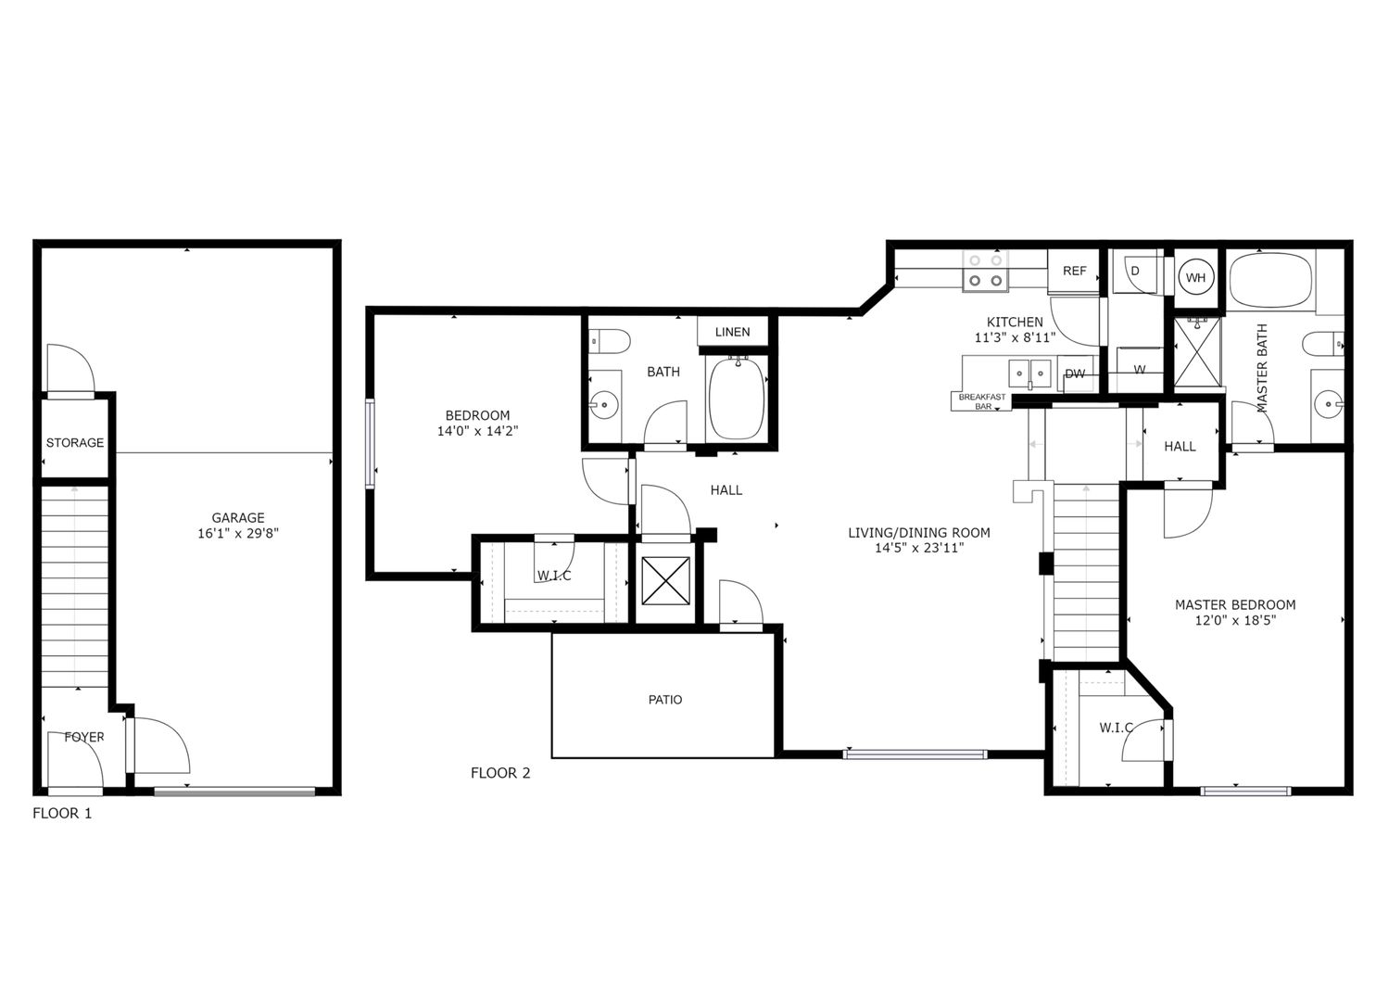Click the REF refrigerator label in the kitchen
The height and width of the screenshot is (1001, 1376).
coord(1074,272)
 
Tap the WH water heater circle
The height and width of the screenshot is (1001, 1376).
coord(1195,278)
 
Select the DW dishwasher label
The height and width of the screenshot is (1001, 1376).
coord(1075,374)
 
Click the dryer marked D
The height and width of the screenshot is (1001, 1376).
coord(1135,272)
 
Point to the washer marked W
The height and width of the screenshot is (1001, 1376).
coord(1139,369)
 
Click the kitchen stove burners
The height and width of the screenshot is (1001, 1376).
coord(985,270)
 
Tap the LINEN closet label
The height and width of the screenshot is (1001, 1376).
coord(732,332)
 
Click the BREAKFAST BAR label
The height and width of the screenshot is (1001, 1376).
coord(981,401)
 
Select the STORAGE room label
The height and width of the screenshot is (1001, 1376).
coord(75,443)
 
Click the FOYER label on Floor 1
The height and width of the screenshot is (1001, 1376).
coord(84,738)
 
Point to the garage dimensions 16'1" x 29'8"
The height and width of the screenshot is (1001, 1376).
coord(238,534)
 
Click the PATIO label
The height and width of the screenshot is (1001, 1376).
coord(665,700)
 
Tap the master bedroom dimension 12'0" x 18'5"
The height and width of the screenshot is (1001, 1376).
coord(1235,621)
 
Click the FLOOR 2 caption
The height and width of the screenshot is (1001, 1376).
coord(500,773)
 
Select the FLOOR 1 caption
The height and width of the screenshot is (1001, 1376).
coord(62,814)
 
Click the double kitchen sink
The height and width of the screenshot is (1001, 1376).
coord(1030,374)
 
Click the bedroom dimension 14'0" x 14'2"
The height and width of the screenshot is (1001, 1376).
coord(477,431)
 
